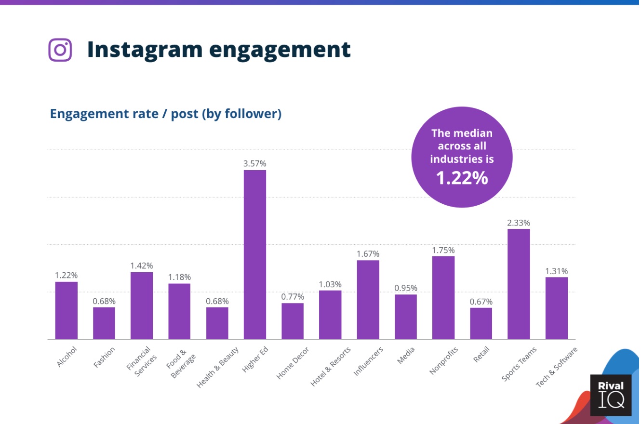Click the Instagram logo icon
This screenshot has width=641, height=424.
point(60,50)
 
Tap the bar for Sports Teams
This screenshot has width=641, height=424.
point(519,284)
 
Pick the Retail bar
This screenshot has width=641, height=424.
point(481,323)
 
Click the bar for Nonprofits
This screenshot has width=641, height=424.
point(443,297)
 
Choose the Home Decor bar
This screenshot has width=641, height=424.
point(293,321)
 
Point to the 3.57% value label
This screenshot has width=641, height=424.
point(254,164)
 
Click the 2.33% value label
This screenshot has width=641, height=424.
point(519,223)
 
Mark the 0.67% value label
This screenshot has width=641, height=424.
point(481,302)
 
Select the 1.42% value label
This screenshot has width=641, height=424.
point(142,265)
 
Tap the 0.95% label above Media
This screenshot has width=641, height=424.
point(406,288)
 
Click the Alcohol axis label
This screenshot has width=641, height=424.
point(67,357)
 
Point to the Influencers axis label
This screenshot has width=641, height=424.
point(368,361)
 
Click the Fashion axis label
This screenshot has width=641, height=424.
point(105,357)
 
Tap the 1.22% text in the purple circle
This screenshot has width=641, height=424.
point(462,178)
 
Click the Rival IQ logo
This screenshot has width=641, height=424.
point(611,395)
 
